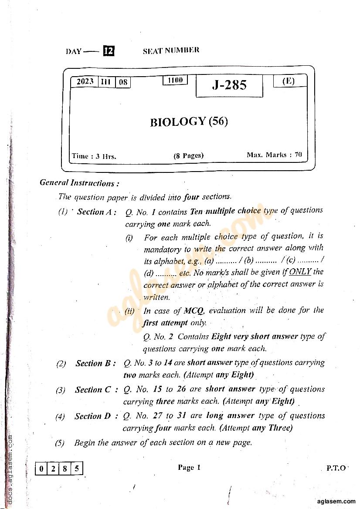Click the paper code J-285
click(229, 85)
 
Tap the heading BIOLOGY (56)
click(189, 121)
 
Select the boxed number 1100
click(175, 80)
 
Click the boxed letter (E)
click(289, 81)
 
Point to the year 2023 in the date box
click(85, 82)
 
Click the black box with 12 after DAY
click(109, 51)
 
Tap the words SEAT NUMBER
click(171, 50)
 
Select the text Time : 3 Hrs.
click(94, 156)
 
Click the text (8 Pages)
click(188, 155)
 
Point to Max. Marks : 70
click(274, 155)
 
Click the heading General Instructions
click(79, 183)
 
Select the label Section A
click(96, 212)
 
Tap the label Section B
click(95, 363)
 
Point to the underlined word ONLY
click(300, 272)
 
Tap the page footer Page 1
click(189, 468)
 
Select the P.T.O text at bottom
click(336, 469)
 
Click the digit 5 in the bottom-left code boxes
click(77, 469)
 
